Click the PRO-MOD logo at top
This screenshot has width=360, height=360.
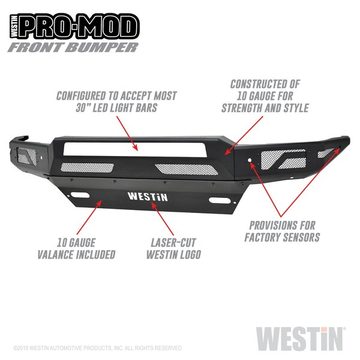74,26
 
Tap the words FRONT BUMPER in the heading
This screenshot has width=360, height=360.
73,47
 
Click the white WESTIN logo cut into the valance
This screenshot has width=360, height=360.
148,197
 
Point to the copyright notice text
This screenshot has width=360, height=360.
98,348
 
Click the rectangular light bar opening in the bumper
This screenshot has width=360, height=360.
135,149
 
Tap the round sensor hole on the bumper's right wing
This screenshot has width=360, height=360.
250,160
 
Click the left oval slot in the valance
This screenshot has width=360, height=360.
80,195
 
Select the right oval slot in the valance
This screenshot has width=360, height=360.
220,200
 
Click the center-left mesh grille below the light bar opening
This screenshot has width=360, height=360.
87,167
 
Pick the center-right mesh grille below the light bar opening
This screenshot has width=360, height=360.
187,169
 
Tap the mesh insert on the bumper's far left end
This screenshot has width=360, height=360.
27,156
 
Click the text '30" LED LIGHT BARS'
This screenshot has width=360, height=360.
116,108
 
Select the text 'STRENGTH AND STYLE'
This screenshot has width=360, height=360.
265,108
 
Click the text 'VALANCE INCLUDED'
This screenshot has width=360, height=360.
76,254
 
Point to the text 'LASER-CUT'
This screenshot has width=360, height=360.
173,242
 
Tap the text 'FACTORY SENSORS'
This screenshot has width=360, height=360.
282,237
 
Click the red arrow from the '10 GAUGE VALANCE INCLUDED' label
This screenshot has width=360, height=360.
89,217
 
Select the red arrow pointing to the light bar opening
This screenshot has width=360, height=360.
127,133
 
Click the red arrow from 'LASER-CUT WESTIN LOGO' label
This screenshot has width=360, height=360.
163,219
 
